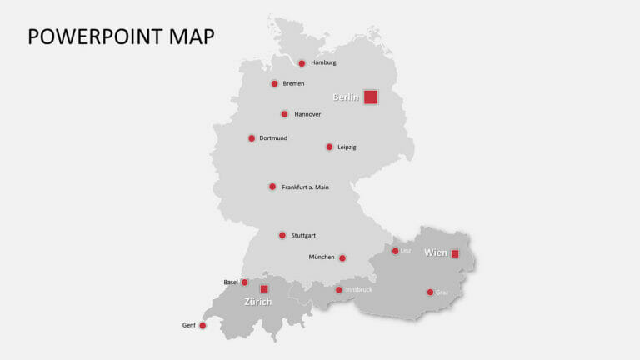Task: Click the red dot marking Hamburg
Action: [x=302, y=63]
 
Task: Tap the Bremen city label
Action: [x=293, y=83]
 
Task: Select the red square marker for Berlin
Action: [x=371, y=97]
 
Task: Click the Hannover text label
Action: [x=307, y=114]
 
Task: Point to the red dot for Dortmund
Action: [x=252, y=138]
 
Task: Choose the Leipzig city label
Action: [x=347, y=147]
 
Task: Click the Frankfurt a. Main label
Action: [x=305, y=187]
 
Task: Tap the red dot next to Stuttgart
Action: [x=282, y=235]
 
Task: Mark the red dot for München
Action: [x=342, y=258]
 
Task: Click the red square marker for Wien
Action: [x=455, y=253]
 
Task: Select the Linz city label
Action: [x=406, y=250]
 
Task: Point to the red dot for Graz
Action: [x=430, y=292]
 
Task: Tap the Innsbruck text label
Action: [x=358, y=289]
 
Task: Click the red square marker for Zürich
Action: [x=264, y=288]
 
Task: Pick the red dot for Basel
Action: [x=244, y=282]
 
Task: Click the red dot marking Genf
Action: [x=202, y=326]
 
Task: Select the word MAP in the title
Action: [x=191, y=36]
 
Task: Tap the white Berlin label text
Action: [x=346, y=97]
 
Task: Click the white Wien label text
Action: [x=436, y=252]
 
